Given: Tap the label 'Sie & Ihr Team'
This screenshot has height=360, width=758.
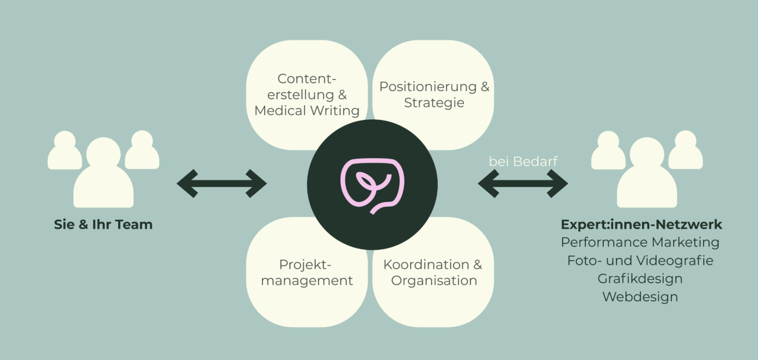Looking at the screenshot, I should point(103,225).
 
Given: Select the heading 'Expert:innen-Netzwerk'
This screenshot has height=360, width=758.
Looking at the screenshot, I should point(641,225).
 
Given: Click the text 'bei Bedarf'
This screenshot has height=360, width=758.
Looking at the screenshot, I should point(523,161).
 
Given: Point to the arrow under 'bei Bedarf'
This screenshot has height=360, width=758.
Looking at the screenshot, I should point(523,184).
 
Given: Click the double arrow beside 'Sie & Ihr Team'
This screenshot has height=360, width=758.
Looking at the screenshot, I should point(221,184).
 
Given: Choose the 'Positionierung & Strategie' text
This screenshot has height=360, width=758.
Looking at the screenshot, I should point(434,95).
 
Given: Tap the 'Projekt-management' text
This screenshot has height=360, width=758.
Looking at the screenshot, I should point(307,272).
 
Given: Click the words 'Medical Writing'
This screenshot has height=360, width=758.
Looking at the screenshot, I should point(307,110).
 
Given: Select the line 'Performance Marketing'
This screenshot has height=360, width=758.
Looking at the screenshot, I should point(640,242).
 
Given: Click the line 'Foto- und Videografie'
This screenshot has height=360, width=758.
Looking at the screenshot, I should point(640,260).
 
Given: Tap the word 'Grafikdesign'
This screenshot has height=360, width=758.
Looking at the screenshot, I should point(640,278).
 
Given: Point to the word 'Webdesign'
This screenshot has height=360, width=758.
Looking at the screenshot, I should point(640,297).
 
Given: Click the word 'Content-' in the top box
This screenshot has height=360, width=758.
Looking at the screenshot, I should point(307,79).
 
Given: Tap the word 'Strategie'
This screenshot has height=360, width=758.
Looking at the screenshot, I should point(434,103).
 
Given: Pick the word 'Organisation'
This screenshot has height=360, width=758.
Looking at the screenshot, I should point(434,281).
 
